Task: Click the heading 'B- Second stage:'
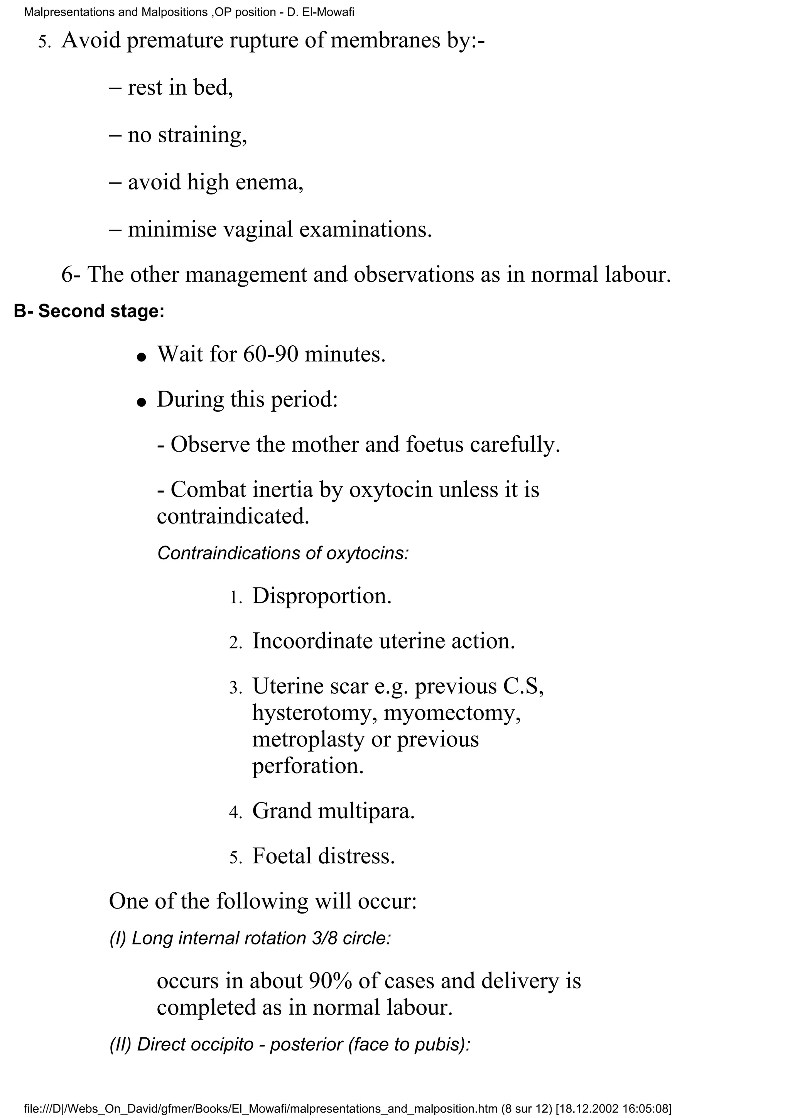click(x=89, y=311)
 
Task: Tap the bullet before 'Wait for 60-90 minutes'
click(x=142, y=357)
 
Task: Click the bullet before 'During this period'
click(x=142, y=403)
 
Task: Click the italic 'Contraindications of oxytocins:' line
click(x=283, y=554)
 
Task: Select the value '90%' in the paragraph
click(x=330, y=981)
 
